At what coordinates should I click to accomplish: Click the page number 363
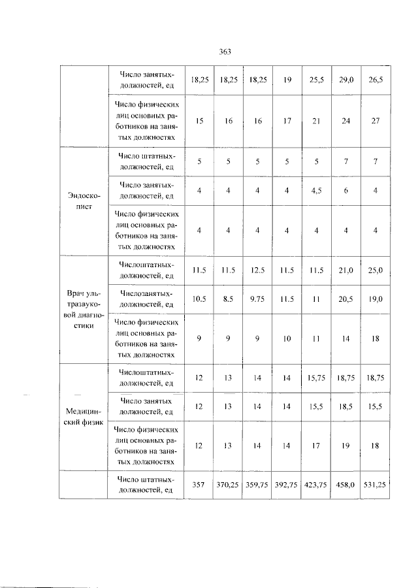[226, 52]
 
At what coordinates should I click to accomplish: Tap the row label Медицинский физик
[84, 416]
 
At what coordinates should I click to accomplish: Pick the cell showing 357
[199, 485]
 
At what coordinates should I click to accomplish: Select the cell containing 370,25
[228, 485]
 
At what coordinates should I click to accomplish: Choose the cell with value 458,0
[345, 485]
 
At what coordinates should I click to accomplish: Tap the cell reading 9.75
[257, 299]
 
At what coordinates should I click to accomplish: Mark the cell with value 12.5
[257, 270]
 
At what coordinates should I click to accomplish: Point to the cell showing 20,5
[345, 299]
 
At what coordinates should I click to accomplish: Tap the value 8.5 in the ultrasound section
[228, 299]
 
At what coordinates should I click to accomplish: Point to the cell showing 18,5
[345, 406]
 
